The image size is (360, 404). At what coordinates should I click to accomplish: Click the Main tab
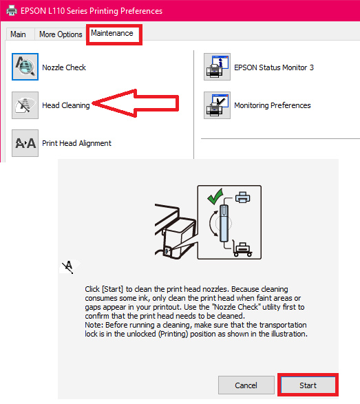18,34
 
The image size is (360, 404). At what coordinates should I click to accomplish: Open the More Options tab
61,34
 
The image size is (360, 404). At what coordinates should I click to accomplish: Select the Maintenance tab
112,33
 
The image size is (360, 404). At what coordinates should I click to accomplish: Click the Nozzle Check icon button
25,67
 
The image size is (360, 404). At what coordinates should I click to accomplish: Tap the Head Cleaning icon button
25,105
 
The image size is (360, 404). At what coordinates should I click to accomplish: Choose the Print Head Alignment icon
25,143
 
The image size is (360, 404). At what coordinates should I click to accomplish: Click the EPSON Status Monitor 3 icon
217,67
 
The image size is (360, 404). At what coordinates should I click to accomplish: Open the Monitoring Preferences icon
217,105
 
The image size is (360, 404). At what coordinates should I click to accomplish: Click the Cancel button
246,385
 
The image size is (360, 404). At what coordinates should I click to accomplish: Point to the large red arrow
136,103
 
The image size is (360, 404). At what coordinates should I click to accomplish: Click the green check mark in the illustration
215,196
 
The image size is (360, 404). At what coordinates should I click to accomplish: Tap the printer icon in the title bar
12,10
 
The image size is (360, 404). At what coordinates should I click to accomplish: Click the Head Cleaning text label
66,105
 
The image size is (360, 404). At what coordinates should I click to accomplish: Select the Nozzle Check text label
64,67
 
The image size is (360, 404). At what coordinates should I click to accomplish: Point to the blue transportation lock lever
224,223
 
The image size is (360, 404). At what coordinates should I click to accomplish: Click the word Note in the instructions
94,325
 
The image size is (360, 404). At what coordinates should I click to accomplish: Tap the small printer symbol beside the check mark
242,197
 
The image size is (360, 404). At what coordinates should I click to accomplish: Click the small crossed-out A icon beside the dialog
69,266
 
